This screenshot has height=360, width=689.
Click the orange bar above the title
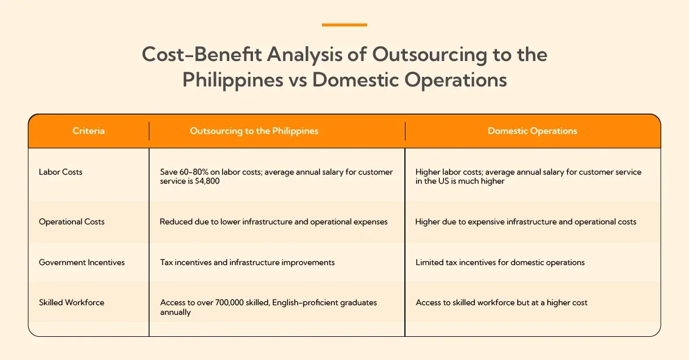344,25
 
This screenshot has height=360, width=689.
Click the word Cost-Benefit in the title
201,55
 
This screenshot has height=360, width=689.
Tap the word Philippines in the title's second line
232,80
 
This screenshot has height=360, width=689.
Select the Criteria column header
89,131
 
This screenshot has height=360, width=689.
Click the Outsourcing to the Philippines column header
254,131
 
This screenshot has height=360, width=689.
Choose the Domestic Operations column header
532,131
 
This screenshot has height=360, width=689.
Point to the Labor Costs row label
60,172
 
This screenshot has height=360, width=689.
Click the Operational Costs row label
72,222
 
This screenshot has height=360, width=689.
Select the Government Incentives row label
82,262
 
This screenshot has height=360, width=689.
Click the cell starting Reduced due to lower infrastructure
274,222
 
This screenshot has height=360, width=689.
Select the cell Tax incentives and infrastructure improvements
247,262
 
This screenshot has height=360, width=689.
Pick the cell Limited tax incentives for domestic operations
500,262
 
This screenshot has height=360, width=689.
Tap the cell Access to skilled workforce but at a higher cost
502,302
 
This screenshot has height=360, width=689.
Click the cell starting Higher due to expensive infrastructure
526,222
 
